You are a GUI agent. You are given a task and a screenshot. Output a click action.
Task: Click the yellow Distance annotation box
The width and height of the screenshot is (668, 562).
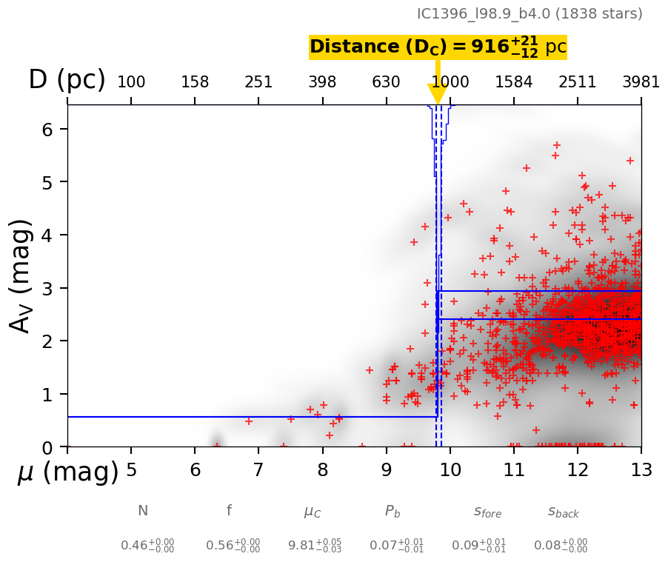(x=438, y=47)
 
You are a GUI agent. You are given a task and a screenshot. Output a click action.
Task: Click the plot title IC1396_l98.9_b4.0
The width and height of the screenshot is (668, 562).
(x=530, y=14)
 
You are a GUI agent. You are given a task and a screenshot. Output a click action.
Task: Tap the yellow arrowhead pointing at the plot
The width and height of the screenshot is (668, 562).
(x=437, y=94)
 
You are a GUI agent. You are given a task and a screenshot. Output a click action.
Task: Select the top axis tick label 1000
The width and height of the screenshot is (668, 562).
(x=450, y=82)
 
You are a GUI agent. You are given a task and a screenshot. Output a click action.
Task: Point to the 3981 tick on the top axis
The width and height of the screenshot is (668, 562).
(x=641, y=82)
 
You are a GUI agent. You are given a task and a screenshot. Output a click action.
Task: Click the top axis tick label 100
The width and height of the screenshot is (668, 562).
(x=131, y=82)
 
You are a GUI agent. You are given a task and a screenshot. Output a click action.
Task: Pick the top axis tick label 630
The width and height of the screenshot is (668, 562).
(x=386, y=82)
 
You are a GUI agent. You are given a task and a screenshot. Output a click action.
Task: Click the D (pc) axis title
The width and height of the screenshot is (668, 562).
(x=67, y=80)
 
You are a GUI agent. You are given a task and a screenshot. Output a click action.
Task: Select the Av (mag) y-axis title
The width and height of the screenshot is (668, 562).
(x=22, y=275)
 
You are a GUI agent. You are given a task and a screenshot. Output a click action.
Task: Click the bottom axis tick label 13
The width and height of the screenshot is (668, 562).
(x=641, y=470)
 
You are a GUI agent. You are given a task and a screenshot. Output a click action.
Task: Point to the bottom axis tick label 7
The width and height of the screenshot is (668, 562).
(x=258, y=470)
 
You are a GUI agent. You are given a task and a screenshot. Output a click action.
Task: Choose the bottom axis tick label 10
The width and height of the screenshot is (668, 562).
(x=450, y=470)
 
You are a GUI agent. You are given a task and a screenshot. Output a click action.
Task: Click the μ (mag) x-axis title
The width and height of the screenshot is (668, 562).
(x=68, y=472)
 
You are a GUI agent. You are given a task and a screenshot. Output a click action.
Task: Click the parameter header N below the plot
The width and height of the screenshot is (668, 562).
(x=143, y=511)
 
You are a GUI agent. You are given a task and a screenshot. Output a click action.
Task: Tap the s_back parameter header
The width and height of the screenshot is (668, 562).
(x=563, y=512)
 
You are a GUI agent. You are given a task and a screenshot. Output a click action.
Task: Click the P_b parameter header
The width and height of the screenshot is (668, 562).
(x=393, y=512)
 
